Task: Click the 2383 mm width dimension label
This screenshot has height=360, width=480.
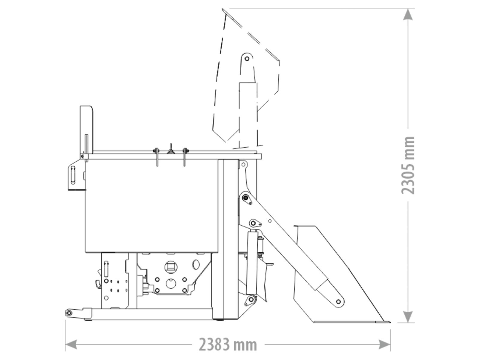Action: coord(228,345)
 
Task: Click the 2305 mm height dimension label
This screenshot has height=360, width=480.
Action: coord(408,165)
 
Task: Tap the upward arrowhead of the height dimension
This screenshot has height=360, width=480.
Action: coord(408,14)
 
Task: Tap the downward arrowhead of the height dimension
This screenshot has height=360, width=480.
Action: coord(408,317)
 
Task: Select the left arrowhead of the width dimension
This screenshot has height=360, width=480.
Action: coord(71,344)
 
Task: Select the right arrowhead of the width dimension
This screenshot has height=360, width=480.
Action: coord(384,344)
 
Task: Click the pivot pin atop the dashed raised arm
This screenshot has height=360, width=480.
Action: coord(247,58)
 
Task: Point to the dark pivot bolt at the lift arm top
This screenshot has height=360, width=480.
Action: coord(245,198)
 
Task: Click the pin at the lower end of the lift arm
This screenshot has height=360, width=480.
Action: coord(338,302)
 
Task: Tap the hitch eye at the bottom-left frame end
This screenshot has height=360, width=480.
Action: coord(69,313)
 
